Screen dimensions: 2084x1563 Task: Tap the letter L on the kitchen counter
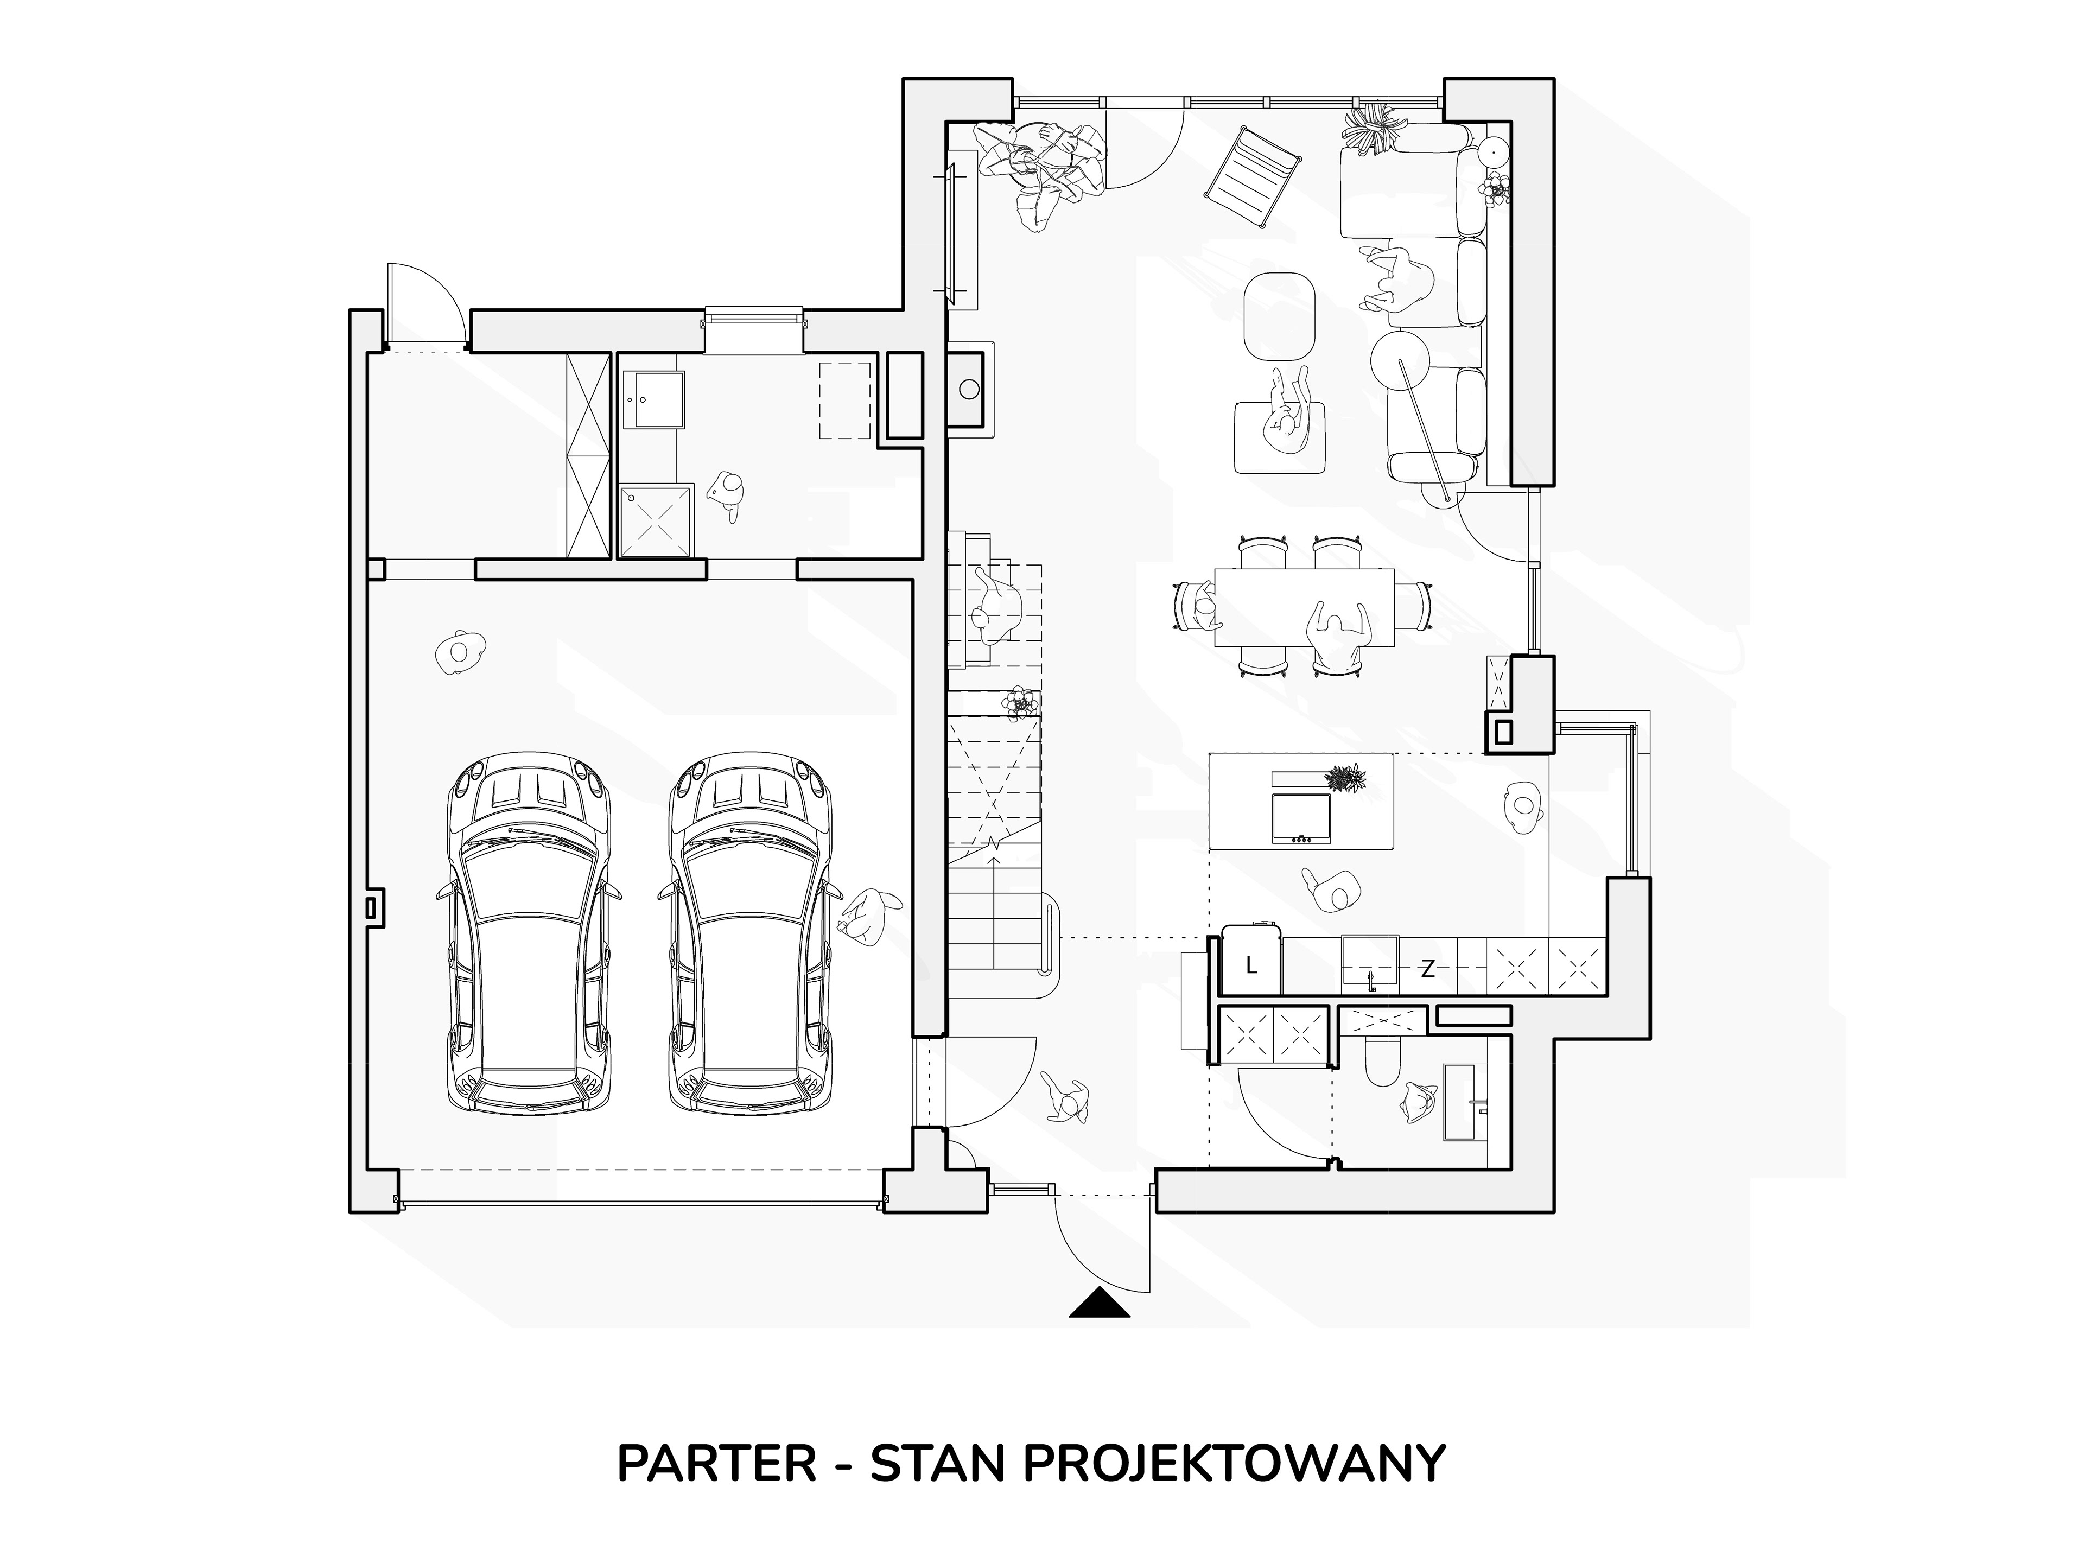point(1251,965)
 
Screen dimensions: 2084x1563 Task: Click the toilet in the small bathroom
point(1382,1065)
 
